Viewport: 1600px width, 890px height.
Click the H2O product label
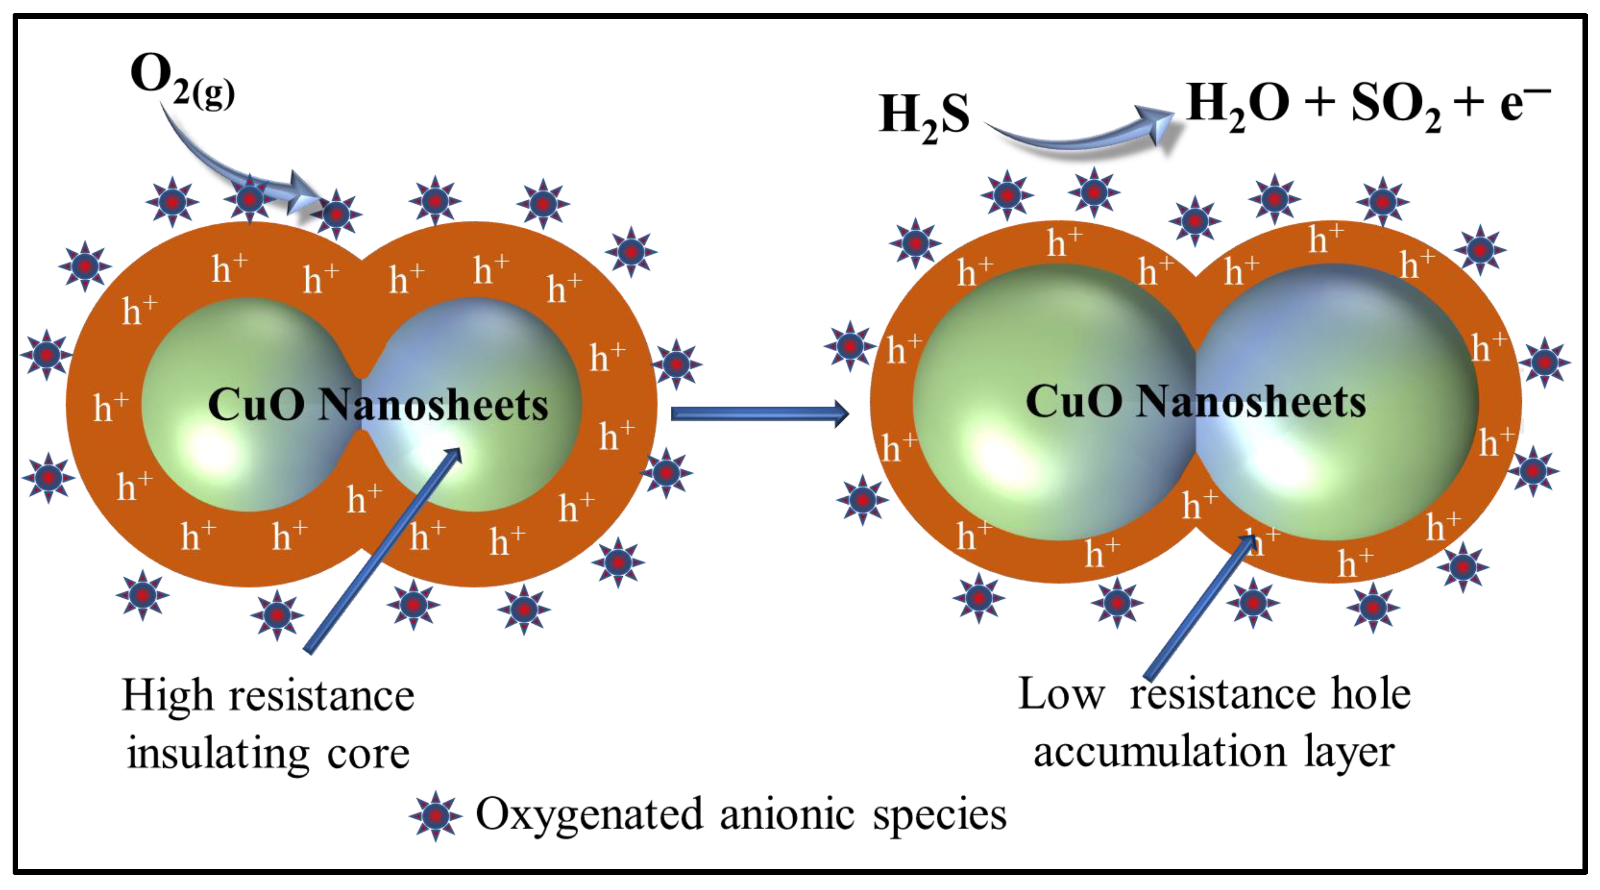coord(1236,106)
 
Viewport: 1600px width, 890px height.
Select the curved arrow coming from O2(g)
coord(236,168)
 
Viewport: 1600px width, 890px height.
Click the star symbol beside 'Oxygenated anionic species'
coord(435,815)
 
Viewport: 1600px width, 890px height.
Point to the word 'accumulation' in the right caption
coord(1159,752)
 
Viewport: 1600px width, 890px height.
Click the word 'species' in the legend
coord(939,815)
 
